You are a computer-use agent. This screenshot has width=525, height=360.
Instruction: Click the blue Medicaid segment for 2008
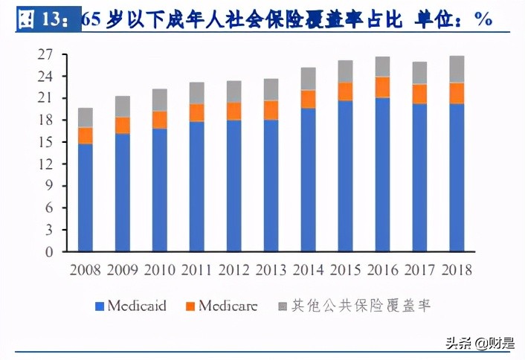coord(86,197)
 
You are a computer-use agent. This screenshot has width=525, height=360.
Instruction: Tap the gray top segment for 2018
coord(457,69)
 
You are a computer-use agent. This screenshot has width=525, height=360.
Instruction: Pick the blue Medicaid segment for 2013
coord(271,185)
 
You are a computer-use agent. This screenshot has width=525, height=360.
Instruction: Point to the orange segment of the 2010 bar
coord(159,120)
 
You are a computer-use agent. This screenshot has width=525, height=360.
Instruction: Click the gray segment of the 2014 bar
coord(308,79)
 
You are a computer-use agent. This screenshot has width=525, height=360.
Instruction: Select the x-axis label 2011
coord(196,269)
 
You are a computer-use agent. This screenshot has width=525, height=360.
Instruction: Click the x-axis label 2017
coord(419,269)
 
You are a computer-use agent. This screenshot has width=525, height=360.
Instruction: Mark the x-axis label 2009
coord(122,269)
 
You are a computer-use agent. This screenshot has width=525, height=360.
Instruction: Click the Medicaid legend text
coord(137,306)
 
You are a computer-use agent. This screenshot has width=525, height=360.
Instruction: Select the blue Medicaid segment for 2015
coord(345,176)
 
